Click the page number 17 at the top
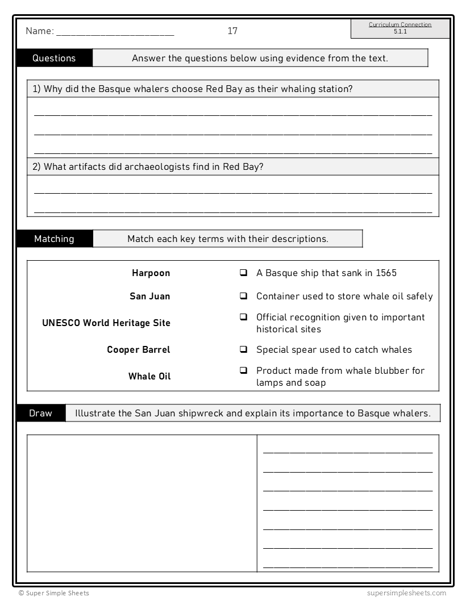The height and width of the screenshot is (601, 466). click(232, 31)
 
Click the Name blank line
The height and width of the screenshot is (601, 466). click(115, 33)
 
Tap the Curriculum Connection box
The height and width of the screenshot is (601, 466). click(400, 28)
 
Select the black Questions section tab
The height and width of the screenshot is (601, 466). click(54, 58)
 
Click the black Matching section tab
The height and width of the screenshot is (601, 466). click(54, 239)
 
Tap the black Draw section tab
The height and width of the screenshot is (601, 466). click(40, 413)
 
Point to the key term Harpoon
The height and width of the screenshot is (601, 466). click(151, 273)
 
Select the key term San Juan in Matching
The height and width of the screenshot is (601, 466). click(149, 297)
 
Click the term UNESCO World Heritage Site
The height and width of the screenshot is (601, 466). click(106, 323)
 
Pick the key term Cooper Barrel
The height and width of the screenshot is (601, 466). click(138, 350)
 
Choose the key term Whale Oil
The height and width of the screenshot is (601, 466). click(149, 376)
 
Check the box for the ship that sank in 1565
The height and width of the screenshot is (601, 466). click(243, 273)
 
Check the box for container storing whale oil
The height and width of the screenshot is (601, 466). click(243, 297)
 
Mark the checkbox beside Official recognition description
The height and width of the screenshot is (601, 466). click(243, 317)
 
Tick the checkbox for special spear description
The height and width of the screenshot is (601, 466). click(243, 350)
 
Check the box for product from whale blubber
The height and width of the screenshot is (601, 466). click(243, 370)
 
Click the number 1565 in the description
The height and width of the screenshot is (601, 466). click(386, 273)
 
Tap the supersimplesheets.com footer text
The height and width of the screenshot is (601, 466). click(406, 593)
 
